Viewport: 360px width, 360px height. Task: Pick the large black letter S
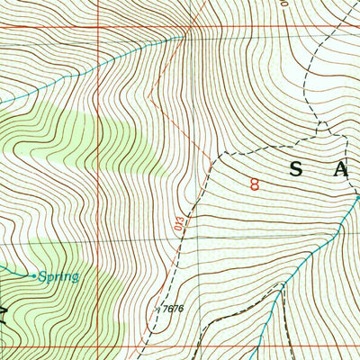coord(297,168)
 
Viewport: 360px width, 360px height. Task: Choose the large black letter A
coord(342,168)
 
